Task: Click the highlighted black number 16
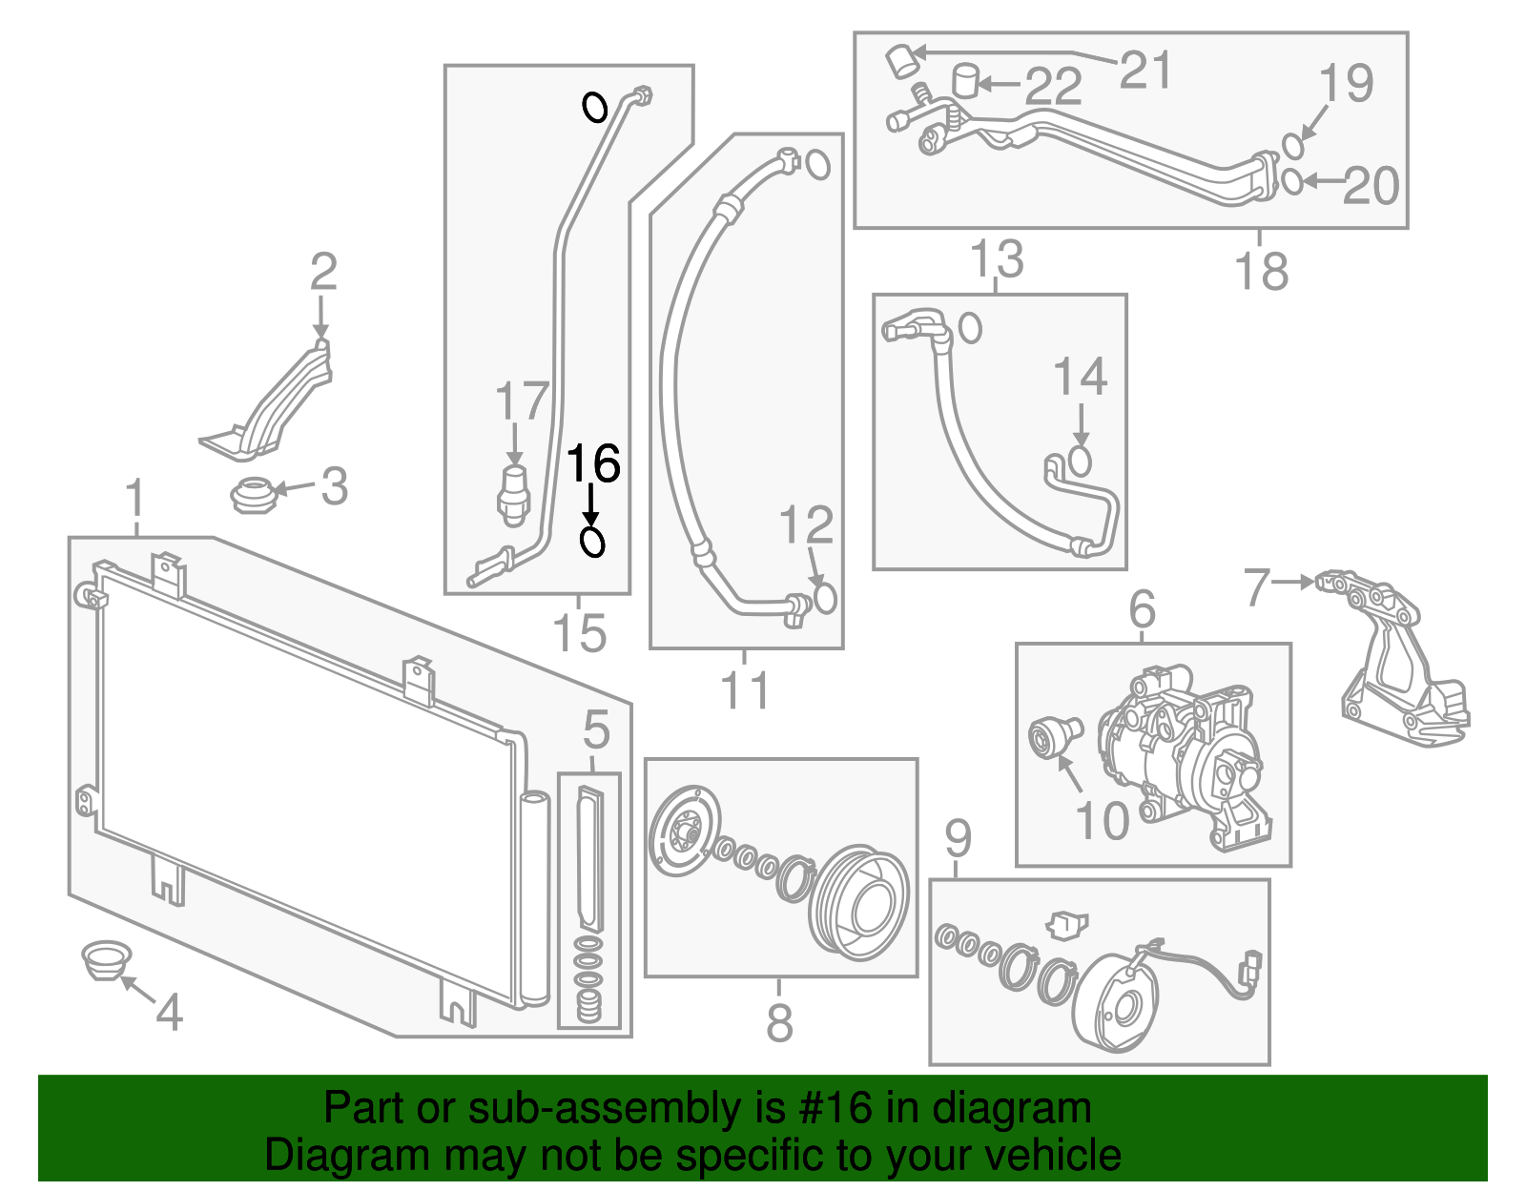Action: [593, 464]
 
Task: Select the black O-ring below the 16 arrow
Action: [592, 543]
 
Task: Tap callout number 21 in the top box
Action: [1144, 70]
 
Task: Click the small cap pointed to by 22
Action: [966, 80]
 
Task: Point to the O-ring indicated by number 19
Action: [1292, 146]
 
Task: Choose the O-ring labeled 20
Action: [1291, 180]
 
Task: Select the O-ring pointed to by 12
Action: [824, 598]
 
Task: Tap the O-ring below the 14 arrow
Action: [1080, 461]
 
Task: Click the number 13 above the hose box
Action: [997, 259]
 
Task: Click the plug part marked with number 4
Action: [104, 959]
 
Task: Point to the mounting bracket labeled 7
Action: [1392, 658]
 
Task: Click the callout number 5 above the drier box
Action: [596, 730]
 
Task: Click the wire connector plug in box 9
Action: [1250, 967]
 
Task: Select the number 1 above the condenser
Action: [136, 500]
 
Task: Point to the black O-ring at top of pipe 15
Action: [595, 107]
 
